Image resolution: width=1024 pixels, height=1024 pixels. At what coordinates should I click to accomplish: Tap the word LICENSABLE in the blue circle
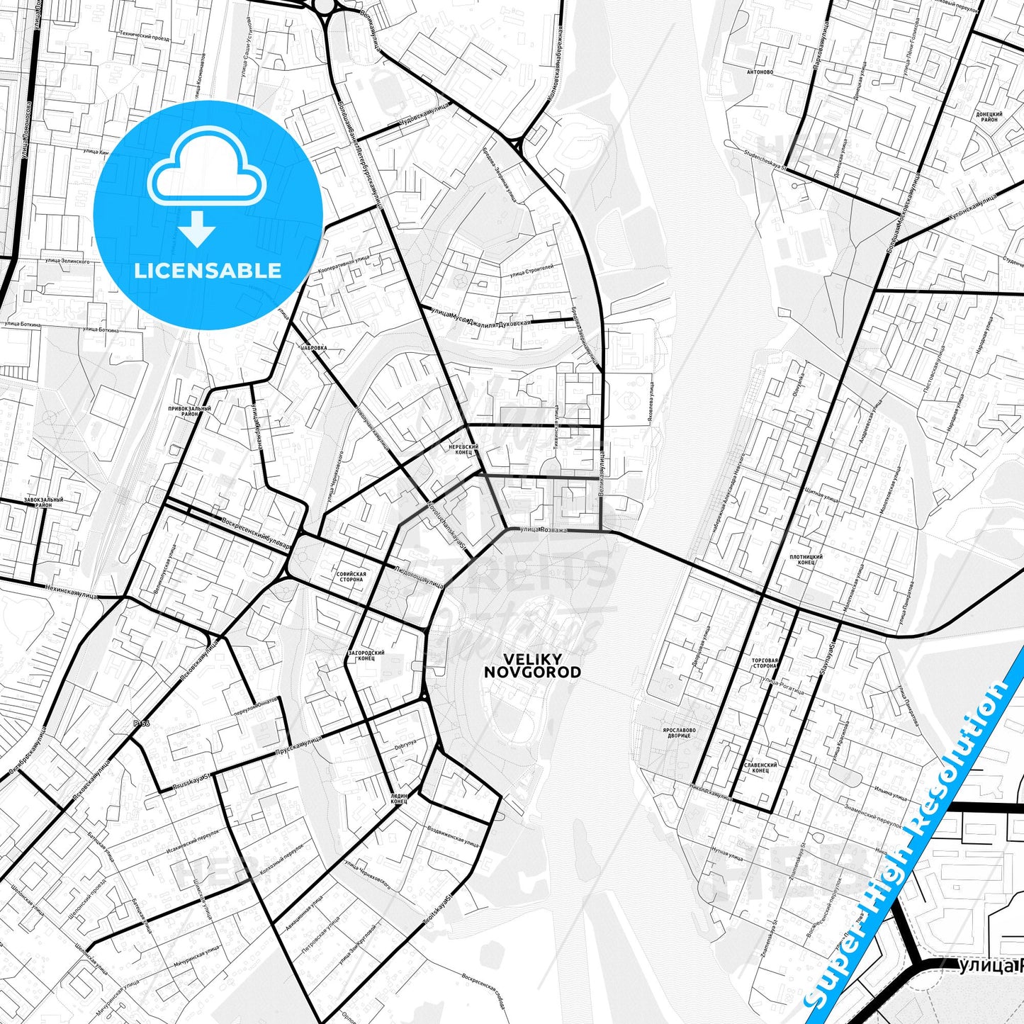208,271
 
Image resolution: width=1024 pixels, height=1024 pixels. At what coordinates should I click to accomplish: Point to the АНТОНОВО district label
760,72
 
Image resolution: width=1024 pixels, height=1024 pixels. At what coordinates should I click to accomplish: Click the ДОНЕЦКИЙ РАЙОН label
989,117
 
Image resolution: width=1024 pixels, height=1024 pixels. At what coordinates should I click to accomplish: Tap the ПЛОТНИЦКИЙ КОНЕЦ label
806,560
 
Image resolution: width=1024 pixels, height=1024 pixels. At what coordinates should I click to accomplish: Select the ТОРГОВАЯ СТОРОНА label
765,663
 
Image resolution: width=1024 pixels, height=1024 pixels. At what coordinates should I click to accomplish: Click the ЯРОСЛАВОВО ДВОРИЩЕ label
679,733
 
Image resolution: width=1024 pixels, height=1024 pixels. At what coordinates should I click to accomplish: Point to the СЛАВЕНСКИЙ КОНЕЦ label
760,767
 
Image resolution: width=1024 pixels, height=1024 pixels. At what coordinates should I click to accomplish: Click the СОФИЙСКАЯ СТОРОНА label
351,576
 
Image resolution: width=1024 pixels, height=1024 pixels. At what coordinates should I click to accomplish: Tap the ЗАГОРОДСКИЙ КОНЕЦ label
366,655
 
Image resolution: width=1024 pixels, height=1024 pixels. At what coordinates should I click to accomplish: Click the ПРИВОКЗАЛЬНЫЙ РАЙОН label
189,411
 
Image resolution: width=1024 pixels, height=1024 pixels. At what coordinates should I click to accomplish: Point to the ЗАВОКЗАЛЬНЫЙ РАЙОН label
43,502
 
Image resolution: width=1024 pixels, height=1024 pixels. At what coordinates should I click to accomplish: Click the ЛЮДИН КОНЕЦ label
399,799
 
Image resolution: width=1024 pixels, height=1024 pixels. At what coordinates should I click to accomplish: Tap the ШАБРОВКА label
314,348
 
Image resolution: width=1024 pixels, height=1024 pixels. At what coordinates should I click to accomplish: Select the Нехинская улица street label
71,591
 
